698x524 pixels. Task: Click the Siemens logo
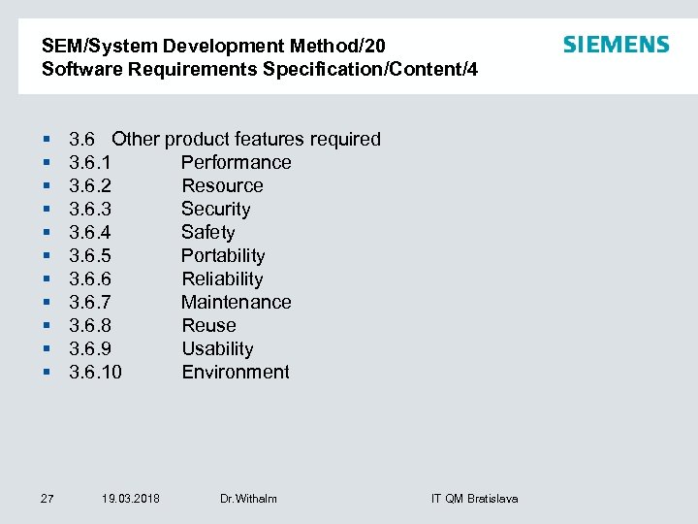click(x=616, y=45)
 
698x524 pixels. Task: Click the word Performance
click(x=236, y=162)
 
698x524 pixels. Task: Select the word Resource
click(x=222, y=185)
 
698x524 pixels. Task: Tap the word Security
click(x=215, y=209)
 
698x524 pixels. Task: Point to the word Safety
click(x=207, y=232)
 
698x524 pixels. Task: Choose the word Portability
click(x=223, y=255)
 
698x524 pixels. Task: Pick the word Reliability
click(x=222, y=278)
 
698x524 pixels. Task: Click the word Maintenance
click(x=236, y=302)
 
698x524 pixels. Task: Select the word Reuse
click(x=208, y=325)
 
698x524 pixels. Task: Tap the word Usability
click(x=217, y=348)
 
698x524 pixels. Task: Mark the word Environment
click(x=236, y=372)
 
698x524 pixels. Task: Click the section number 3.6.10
click(x=96, y=372)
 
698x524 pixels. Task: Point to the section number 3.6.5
click(x=90, y=255)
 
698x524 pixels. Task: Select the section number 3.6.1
click(x=90, y=162)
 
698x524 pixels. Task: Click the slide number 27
click(x=47, y=499)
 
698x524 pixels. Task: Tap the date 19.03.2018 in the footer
click(x=131, y=499)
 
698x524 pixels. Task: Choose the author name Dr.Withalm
click(x=248, y=499)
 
